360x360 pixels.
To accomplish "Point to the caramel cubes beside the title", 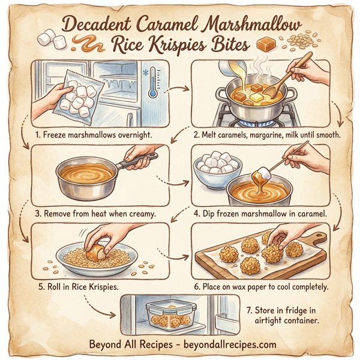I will [265, 44].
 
